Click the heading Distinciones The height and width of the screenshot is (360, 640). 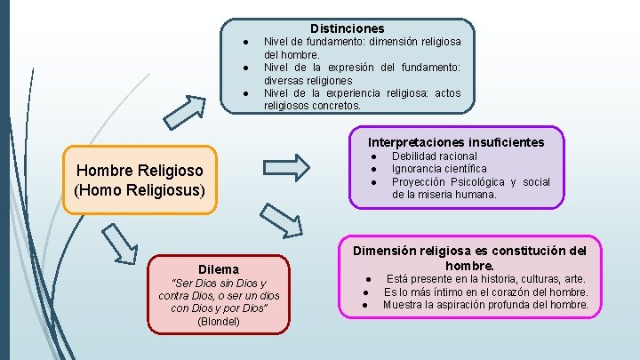(x=348, y=29)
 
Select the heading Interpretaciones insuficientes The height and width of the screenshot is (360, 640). (x=456, y=142)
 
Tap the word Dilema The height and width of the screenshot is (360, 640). (x=219, y=268)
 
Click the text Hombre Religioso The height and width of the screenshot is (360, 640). (x=140, y=171)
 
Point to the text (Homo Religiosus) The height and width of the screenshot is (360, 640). (x=140, y=190)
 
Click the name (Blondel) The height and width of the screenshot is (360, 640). (x=218, y=321)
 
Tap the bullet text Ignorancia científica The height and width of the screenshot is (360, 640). (x=439, y=169)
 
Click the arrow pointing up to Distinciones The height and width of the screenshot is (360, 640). (x=185, y=112)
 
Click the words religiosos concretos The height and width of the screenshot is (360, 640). (x=312, y=105)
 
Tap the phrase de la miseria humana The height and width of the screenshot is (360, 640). (x=444, y=194)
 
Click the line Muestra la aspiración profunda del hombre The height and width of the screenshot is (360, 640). (x=485, y=305)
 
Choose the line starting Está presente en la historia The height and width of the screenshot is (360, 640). (x=485, y=279)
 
